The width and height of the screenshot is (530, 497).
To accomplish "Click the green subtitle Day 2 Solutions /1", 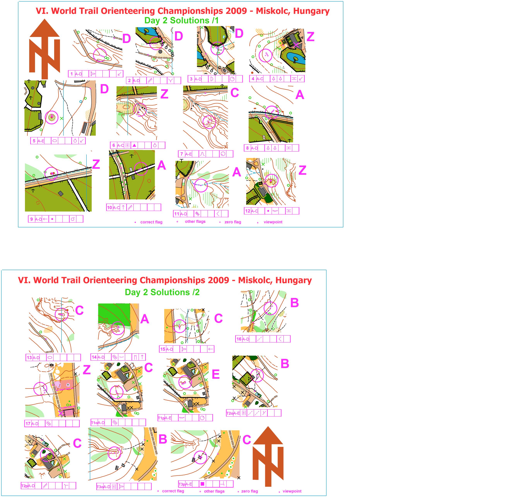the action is click(181, 21).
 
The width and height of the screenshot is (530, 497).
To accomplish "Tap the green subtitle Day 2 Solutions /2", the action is click(162, 292).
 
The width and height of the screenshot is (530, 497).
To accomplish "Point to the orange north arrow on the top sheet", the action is click(44, 49).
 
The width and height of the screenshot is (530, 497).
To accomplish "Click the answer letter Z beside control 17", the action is click(87, 370).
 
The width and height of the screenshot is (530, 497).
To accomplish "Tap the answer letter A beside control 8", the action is click(300, 95).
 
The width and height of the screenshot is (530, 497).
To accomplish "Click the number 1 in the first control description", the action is click(71, 74).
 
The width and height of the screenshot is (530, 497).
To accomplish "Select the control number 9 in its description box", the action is click(32, 219).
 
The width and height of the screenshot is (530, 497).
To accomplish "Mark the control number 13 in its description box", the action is click(29, 357).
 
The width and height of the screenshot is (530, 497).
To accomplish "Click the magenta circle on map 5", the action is click(52, 117).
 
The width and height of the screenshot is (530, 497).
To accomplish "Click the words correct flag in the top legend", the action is click(151, 222).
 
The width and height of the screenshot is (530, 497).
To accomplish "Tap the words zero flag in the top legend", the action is click(233, 222).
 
